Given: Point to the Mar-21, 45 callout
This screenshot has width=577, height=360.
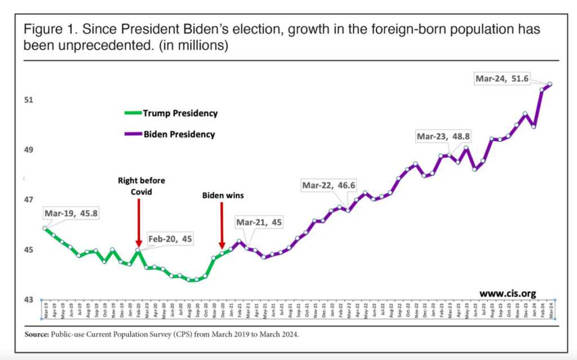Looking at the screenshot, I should (259, 223).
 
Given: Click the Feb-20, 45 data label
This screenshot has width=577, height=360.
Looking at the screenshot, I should (170, 239).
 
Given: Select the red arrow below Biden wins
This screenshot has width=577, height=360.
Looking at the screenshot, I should (222, 225).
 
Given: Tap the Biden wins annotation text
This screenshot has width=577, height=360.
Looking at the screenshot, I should (222, 195).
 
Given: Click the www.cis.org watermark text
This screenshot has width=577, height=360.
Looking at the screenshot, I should (508, 293).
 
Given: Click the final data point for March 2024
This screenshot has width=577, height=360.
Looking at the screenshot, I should (550, 84).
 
